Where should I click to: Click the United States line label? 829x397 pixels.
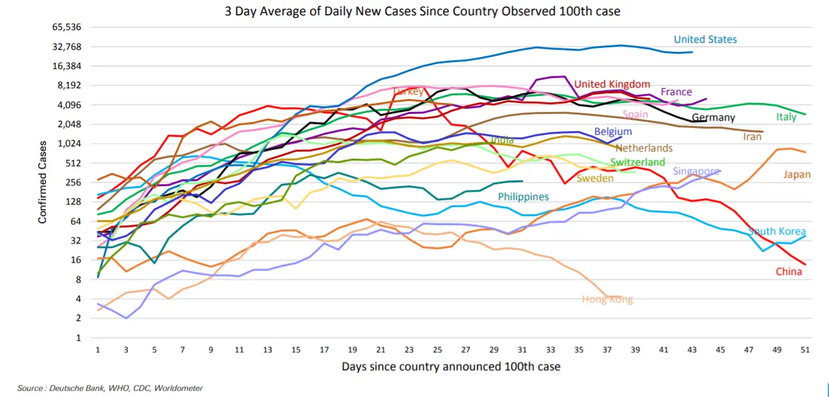[705, 40]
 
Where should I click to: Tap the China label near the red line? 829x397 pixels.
[788, 272]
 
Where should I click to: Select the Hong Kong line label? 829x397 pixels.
[607, 299]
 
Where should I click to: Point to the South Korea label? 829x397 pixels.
[777, 231]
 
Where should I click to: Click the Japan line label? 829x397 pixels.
[796, 175]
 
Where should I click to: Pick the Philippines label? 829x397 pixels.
[523, 197]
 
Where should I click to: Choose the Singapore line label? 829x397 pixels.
[696, 171]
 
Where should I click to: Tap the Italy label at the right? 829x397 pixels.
[786, 117]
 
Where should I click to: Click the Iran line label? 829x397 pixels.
[752, 137]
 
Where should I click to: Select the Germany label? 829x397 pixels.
[713, 118]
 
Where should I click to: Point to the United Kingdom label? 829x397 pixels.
[612, 84]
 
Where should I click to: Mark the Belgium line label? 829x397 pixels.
[612, 132]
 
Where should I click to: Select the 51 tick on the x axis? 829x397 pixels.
[805, 350]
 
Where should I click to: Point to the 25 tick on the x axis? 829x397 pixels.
[438, 350]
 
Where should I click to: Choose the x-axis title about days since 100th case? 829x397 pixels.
[451, 366]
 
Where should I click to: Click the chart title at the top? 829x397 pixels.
[422, 11]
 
